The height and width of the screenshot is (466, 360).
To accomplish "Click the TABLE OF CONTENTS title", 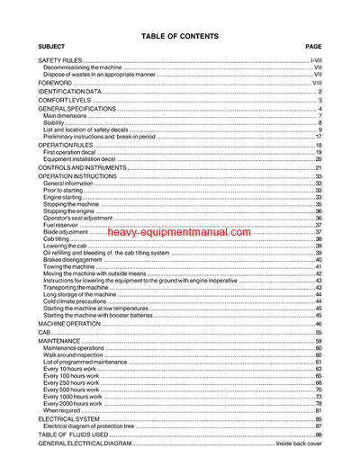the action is (x=180, y=36).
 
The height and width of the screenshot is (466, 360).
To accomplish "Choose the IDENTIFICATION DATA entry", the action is (x=69, y=92).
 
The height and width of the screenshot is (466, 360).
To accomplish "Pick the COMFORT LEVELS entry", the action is (x=62, y=101).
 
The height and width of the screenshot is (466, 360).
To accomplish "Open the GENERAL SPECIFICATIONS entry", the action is (x=77, y=109).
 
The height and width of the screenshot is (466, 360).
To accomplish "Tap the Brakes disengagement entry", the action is (x=72, y=259).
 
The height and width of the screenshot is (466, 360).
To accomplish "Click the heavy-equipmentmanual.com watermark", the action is (x=179, y=232).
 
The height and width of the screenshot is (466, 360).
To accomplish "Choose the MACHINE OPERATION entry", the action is (x=68, y=323).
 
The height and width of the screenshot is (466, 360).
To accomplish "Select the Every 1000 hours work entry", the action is (x=72, y=397).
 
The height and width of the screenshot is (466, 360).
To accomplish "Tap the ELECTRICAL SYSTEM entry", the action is (x=68, y=419).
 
